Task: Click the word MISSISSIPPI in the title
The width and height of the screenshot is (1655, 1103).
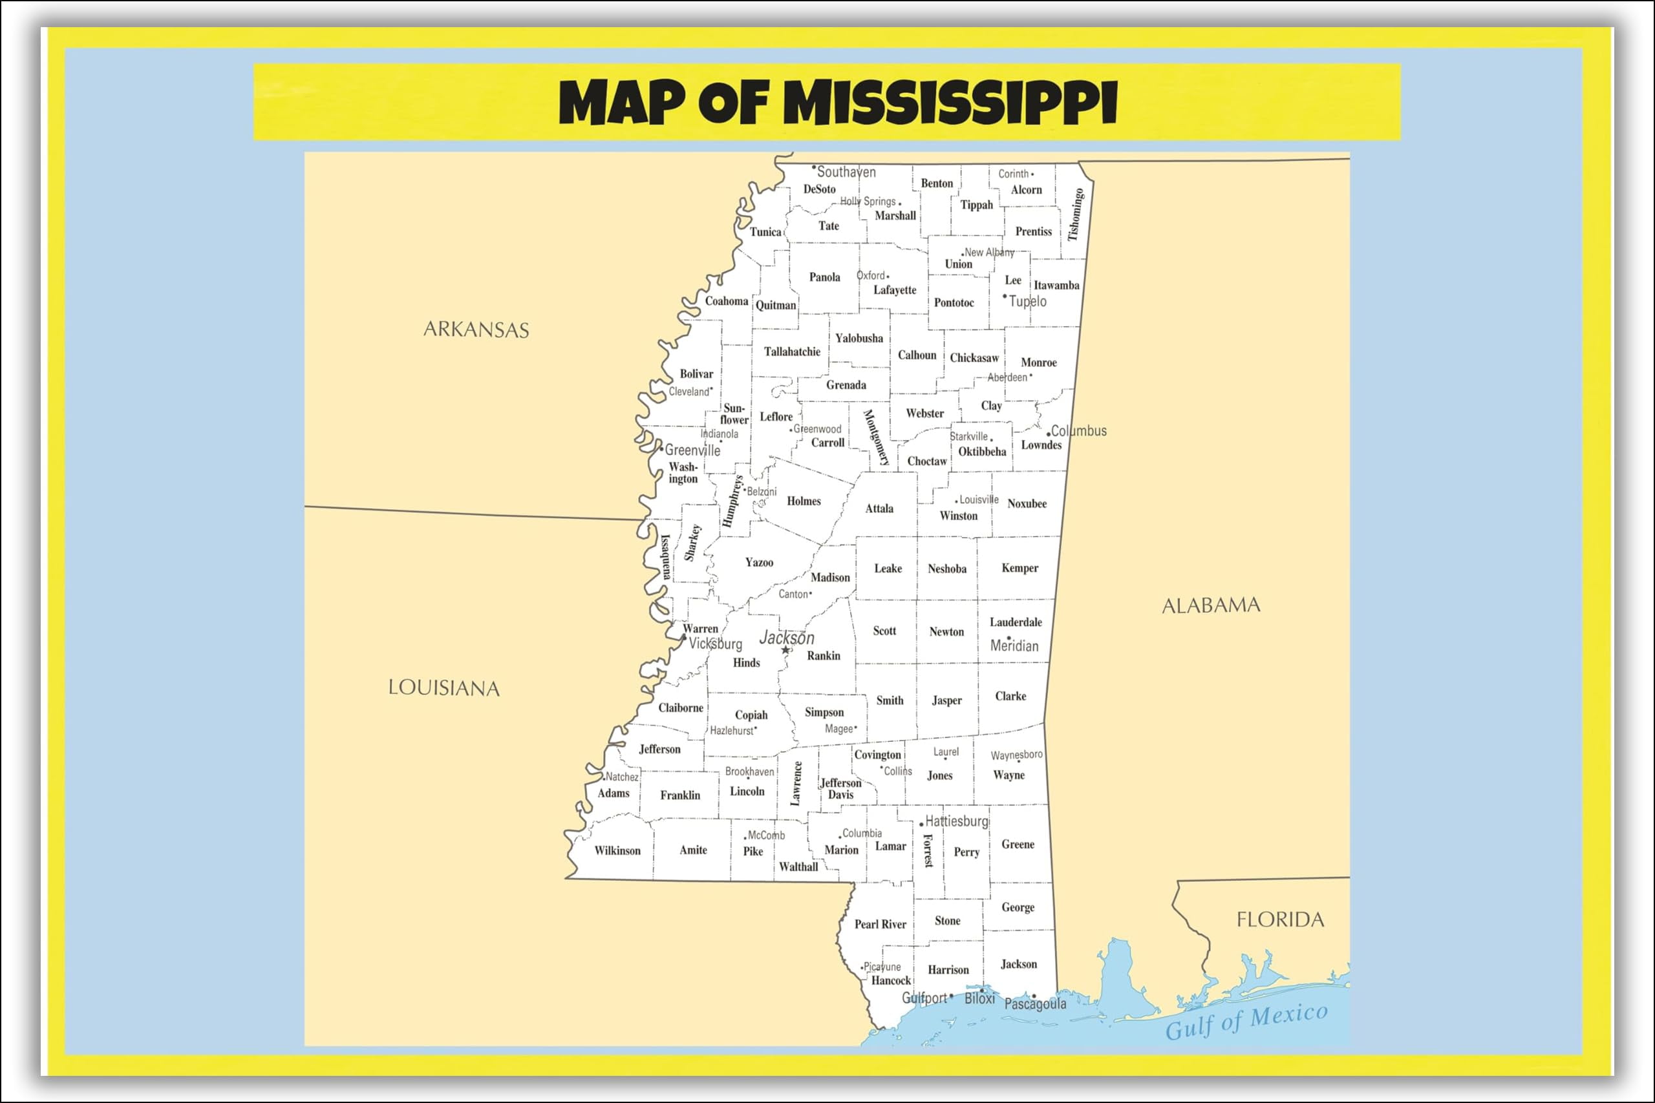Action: click(950, 103)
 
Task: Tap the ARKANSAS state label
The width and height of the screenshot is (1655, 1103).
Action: click(476, 329)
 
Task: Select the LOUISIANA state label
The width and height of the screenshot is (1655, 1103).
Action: click(444, 688)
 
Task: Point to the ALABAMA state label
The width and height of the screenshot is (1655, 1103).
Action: click(1210, 605)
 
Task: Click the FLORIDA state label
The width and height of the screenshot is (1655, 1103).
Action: click(1280, 919)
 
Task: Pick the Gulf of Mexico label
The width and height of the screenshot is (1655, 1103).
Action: click(1246, 1022)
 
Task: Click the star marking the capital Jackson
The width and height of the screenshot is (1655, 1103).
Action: click(785, 650)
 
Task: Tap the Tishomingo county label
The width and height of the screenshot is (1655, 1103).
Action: click(1075, 215)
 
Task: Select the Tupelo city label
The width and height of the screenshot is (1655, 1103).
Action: click(1027, 301)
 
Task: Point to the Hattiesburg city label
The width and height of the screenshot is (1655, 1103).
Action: click(956, 821)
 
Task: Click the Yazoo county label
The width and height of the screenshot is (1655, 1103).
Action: click(759, 562)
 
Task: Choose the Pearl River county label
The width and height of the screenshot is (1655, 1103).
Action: click(881, 924)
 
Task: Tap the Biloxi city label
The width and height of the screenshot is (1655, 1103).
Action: click(979, 999)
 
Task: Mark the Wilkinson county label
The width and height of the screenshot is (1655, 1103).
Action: click(617, 850)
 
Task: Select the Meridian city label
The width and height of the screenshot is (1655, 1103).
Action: click(1014, 646)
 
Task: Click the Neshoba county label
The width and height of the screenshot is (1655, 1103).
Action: click(947, 569)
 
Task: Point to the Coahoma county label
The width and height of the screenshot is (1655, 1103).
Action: click(726, 301)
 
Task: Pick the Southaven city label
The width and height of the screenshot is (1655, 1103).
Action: click(846, 173)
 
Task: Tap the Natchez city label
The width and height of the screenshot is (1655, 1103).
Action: click(622, 777)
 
